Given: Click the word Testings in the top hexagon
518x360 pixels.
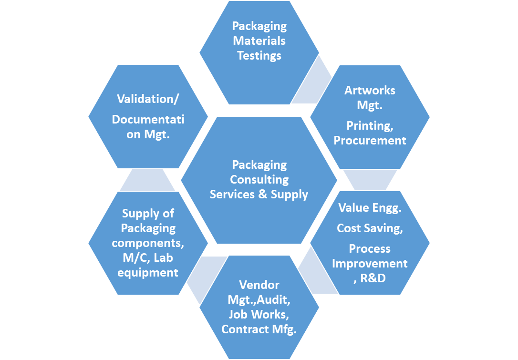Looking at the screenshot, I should (259, 55).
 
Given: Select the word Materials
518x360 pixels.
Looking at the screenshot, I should (259, 41).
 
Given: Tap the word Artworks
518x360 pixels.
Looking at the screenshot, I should (370, 90).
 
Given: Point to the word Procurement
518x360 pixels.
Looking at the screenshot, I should (370, 140).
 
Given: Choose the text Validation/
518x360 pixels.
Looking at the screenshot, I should (148, 99).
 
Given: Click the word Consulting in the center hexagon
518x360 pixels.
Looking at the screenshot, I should (259, 179).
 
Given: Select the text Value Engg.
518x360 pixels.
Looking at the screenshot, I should (370, 207).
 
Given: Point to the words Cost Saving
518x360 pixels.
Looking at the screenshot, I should (370, 228).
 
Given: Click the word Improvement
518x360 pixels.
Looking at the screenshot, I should (370, 263).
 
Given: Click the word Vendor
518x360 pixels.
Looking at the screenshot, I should (259, 285).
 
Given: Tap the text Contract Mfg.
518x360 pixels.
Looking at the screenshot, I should (259, 329).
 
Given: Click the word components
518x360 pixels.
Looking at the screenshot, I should (148, 243).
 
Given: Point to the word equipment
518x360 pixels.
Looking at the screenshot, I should (148, 272).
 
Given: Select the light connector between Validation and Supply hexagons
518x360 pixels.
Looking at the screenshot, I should (148, 180).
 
